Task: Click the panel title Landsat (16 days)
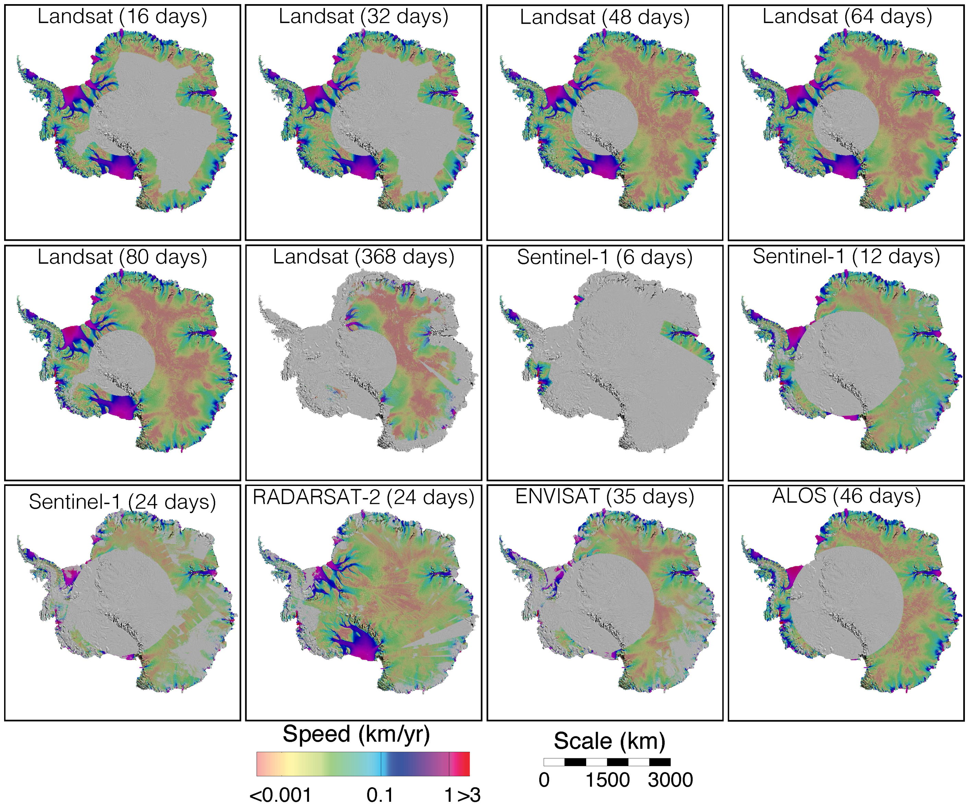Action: pos(122,16)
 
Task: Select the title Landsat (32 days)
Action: pos(363,16)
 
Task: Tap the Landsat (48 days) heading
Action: pos(604,17)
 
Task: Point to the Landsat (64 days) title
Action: pos(847,16)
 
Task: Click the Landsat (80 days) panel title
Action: pos(122,257)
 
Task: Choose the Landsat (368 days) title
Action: pos(363,257)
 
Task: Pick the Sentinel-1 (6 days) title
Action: pos(604,257)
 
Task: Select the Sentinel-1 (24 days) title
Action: pos(122,501)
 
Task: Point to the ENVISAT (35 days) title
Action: pos(604,497)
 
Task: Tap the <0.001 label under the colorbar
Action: pos(280,795)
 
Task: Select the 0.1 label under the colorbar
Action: pos(380,795)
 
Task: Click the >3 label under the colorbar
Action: pos(469,795)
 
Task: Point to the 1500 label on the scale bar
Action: pos(607,780)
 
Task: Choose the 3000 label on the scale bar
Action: pos(670,780)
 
